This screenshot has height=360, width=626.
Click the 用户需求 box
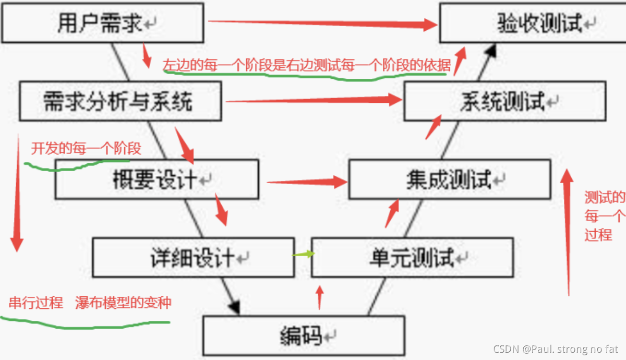(102, 23)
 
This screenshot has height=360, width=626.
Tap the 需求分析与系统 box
(120, 101)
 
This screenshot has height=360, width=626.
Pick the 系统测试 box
(504, 101)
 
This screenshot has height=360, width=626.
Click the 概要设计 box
(156, 179)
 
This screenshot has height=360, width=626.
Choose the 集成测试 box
(449, 179)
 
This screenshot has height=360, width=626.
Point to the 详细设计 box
(193, 257)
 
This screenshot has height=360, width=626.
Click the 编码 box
(304, 335)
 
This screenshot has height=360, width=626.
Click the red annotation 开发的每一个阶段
(86, 149)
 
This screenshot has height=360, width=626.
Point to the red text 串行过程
(36, 303)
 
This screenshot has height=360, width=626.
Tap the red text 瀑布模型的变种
(123, 303)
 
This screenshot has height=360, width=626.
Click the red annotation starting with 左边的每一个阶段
(307, 64)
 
